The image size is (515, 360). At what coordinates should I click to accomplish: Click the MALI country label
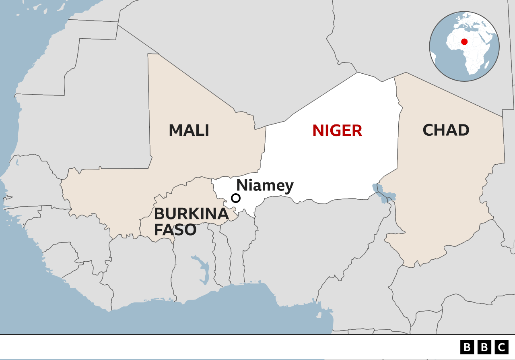pyautogui.click(x=189, y=130)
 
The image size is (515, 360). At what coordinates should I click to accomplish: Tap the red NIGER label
pyautogui.click(x=337, y=130)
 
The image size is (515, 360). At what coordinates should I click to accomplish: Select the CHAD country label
pyautogui.click(x=446, y=130)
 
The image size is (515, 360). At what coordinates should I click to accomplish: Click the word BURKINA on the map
pyautogui.click(x=191, y=214)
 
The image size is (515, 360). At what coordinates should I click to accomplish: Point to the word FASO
pyautogui.click(x=175, y=230)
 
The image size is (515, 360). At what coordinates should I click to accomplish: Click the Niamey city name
pyautogui.click(x=265, y=186)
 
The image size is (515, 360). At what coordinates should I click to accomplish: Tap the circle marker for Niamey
pyautogui.click(x=236, y=198)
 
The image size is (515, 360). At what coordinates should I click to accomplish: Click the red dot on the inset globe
pyautogui.click(x=464, y=41)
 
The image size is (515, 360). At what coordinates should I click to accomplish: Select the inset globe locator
pyautogui.click(x=464, y=46)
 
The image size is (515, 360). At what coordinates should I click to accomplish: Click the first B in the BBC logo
pyautogui.click(x=467, y=347)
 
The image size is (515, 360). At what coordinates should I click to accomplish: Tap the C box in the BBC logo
pyautogui.click(x=501, y=347)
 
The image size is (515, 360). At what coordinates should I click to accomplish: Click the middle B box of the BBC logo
pyautogui.click(x=484, y=347)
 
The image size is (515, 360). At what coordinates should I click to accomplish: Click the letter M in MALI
pyautogui.click(x=176, y=130)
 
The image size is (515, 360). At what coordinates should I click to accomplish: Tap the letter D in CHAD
pyautogui.click(x=463, y=130)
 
